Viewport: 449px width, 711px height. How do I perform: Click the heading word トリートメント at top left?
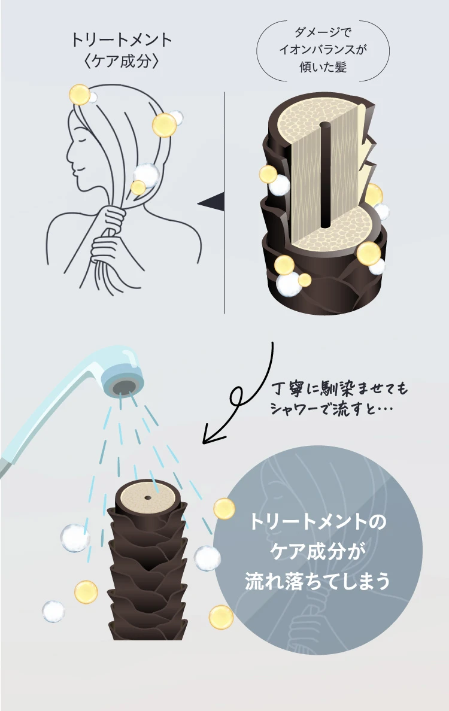click(x=122, y=40)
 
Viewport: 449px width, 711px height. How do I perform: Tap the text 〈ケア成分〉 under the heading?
click(x=122, y=62)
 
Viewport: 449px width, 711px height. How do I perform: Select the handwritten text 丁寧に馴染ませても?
click(x=339, y=390)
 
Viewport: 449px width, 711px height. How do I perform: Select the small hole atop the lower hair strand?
click(x=147, y=497)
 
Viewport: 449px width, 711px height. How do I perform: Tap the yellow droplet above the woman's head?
click(x=79, y=95)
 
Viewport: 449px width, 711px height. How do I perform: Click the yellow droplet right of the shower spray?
click(x=224, y=508)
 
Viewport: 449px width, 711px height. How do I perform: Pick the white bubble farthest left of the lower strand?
click(x=53, y=611)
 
